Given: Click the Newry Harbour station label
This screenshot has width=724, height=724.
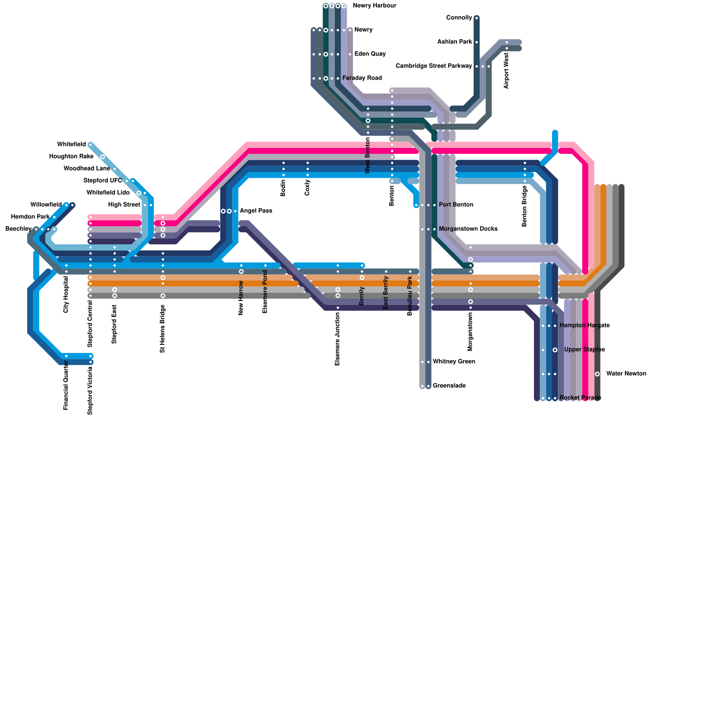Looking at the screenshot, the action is (x=374, y=6).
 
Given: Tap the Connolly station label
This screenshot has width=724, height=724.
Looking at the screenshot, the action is (x=459, y=18).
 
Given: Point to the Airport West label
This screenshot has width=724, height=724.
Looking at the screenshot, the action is (x=506, y=71).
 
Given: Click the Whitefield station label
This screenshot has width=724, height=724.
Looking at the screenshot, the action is (x=71, y=145).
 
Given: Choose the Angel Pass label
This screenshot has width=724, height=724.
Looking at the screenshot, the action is (x=256, y=211).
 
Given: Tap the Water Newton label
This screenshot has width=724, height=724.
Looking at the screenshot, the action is (x=626, y=374).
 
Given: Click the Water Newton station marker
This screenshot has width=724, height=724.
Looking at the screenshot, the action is (x=597, y=374).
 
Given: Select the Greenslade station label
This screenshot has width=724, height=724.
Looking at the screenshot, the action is (x=449, y=386).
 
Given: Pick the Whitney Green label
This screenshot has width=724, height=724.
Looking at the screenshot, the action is (x=453, y=362).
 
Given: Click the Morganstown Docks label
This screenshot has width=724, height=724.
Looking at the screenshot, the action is (x=468, y=229).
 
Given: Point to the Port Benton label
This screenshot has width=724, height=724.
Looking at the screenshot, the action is (x=456, y=205).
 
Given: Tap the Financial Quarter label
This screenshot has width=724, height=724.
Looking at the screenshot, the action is (x=66, y=388).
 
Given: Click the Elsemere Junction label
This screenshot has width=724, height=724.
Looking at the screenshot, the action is (x=338, y=339).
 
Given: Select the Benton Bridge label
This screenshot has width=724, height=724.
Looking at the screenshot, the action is (x=524, y=206).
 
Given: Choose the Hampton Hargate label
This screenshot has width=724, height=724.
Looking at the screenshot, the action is (x=584, y=325).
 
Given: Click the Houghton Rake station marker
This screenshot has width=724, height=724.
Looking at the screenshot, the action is (x=103, y=157).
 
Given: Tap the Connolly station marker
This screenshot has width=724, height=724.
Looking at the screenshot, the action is (x=476, y=18).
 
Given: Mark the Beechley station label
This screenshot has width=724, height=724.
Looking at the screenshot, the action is (x=18, y=229).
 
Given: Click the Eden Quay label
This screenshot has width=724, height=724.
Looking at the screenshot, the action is (x=370, y=54).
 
